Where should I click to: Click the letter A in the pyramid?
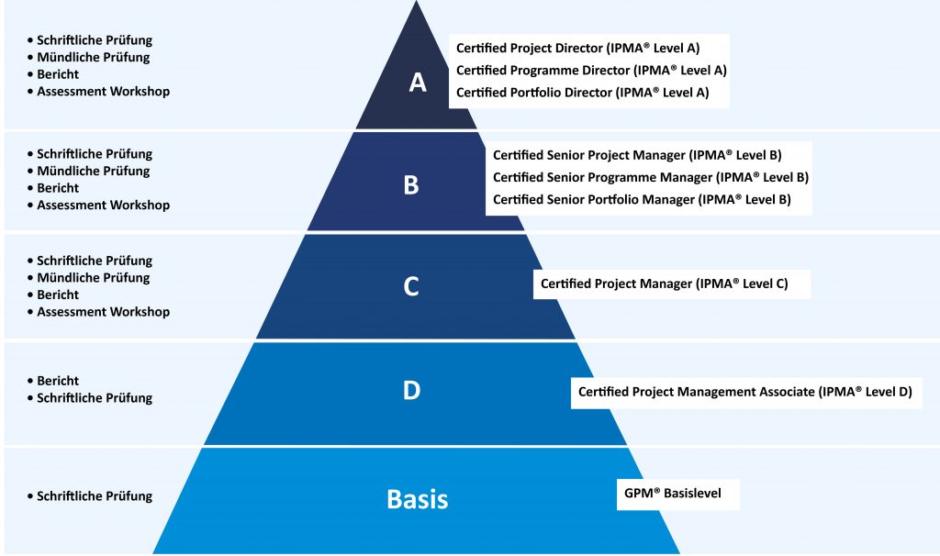point(418,83)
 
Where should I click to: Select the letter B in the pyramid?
point(411,185)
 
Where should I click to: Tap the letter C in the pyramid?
point(411,286)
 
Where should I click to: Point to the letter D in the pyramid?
point(411,390)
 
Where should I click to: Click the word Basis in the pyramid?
point(418,499)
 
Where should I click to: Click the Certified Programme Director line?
point(591,71)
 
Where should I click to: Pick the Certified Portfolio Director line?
point(582,93)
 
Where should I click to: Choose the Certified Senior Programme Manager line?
point(650,177)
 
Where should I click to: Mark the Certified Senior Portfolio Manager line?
point(642,199)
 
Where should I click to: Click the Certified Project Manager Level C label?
point(664,284)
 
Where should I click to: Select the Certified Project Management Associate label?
point(744,392)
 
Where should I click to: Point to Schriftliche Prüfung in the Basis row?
point(95,496)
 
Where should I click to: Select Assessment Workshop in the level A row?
point(103,92)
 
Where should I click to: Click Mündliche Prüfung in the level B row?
point(93,171)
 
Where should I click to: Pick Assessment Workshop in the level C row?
point(103,312)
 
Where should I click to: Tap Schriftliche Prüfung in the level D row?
point(95,398)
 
